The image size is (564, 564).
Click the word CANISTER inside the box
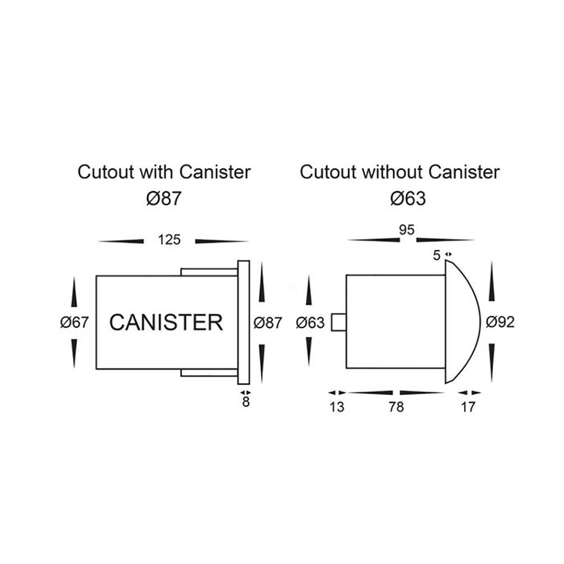[x=166, y=323]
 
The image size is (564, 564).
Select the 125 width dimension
[x=169, y=240]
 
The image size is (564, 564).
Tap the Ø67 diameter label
[x=75, y=323]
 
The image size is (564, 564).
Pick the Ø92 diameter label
[x=500, y=322]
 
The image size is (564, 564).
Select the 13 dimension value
[x=336, y=407]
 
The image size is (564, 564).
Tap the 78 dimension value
[x=396, y=407]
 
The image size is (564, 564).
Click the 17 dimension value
[x=468, y=407]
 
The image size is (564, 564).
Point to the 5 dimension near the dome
[x=437, y=255]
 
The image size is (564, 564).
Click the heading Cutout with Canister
[x=164, y=172]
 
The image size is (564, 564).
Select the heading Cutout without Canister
[x=399, y=172]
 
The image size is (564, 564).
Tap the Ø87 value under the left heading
[x=164, y=199]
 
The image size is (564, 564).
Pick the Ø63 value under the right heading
[x=407, y=199]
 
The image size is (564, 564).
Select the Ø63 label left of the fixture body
[x=310, y=323]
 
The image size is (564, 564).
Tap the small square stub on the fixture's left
[x=338, y=323]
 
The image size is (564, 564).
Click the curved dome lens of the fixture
[x=462, y=322]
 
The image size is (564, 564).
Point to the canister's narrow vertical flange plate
[x=243, y=321]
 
